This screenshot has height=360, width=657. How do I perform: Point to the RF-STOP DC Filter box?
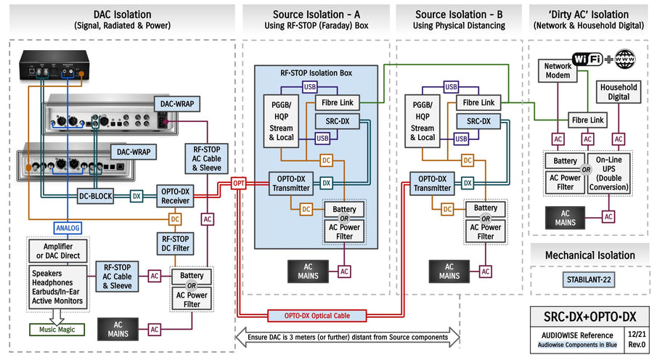pyautogui.click(x=176, y=243)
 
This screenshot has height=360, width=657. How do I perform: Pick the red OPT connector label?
pyautogui.click(x=239, y=184)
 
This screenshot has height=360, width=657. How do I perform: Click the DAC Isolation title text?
pyautogui.click(x=122, y=15)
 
